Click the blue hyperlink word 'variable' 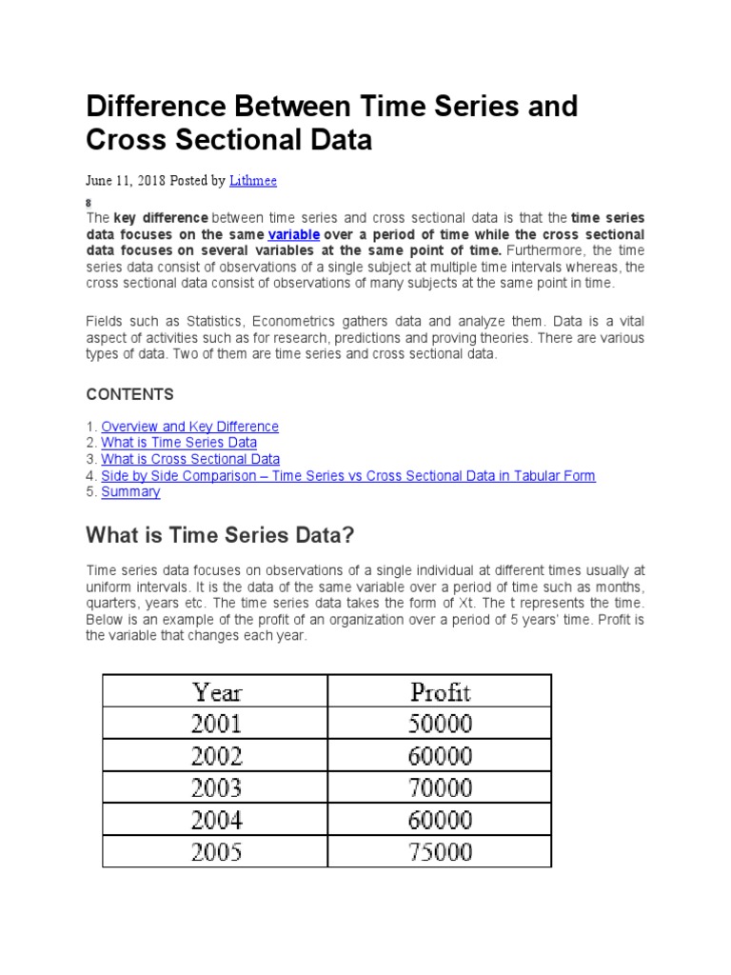pos(293,234)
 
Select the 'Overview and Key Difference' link pos(189,427)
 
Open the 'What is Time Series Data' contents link pos(179,443)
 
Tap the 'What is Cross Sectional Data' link pos(190,459)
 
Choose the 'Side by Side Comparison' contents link pos(348,475)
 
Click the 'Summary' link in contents pos(130,491)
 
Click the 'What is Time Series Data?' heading pos(220,536)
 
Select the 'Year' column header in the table pos(216,691)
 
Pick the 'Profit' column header pos(440,691)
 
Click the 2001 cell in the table pos(216,724)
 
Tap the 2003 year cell pos(216,787)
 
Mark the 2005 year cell pos(216,851)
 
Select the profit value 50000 pos(440,724)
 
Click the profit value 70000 pos(440,787)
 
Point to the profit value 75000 pos(440,851)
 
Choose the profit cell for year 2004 pos(440,820)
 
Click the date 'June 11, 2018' pos(126,180)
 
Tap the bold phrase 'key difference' pos(161,218)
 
